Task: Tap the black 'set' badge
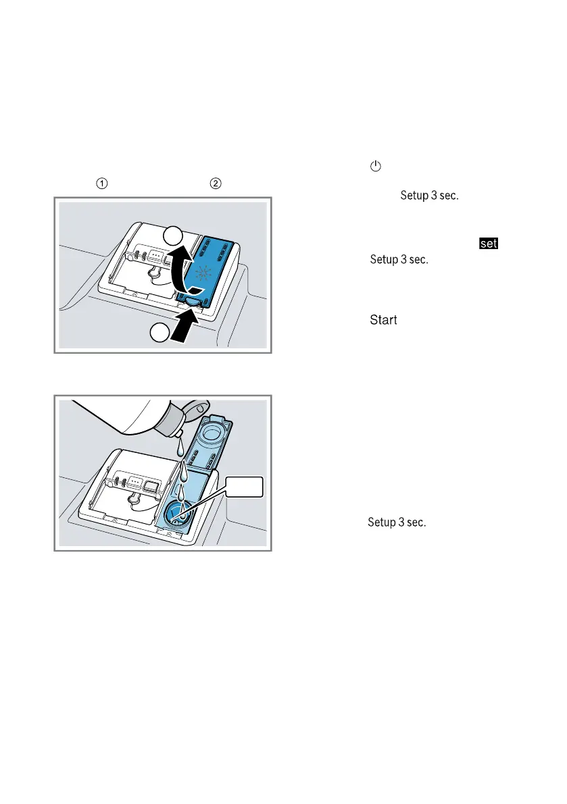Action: pyautogui.click(x=488, y=243)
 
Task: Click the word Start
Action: pyautogui.click(x=383, y=320)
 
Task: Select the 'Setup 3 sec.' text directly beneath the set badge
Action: pyautogui.click(x=399, y=259)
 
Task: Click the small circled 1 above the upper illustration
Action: pyautogui.click(x=101, y=183)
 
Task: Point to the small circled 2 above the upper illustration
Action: pyautogui.click(x=216, y=183)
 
